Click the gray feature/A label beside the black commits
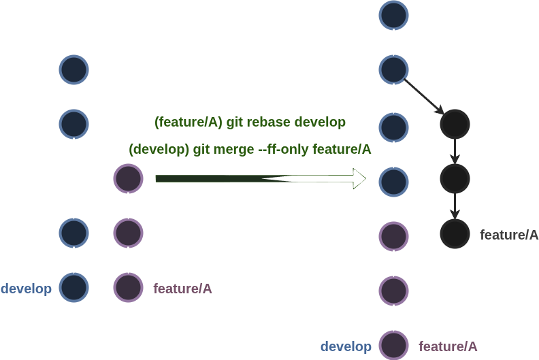pyautogui.click(x=509, y=235)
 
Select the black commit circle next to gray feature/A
pyautogui.click(x=455, y=233)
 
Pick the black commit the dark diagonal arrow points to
pyautogui.click(x=455, y=124)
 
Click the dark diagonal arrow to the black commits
pyautogui.click(x=424, y=96)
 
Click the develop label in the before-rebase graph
pyautogui.click(x=26, y=289)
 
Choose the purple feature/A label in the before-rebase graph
pyautogui.click(x=183, y=289)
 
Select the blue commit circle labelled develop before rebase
pyautogui.click(x=74, y=288)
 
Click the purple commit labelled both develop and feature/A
pyautogui.click(x=393, y=346)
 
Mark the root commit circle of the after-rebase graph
pyautogui.click(x=393, y=15)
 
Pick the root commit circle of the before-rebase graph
pyautogui.click(x=74, y=69)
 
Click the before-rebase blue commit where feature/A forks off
pyautogui.click(x=74, y=124)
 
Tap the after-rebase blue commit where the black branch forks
pyautogui.click(x=393, y=69)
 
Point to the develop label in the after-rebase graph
pyautogui.click(x=346, y=346)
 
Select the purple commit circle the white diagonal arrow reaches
pyautogui.click(x=128, y=179)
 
